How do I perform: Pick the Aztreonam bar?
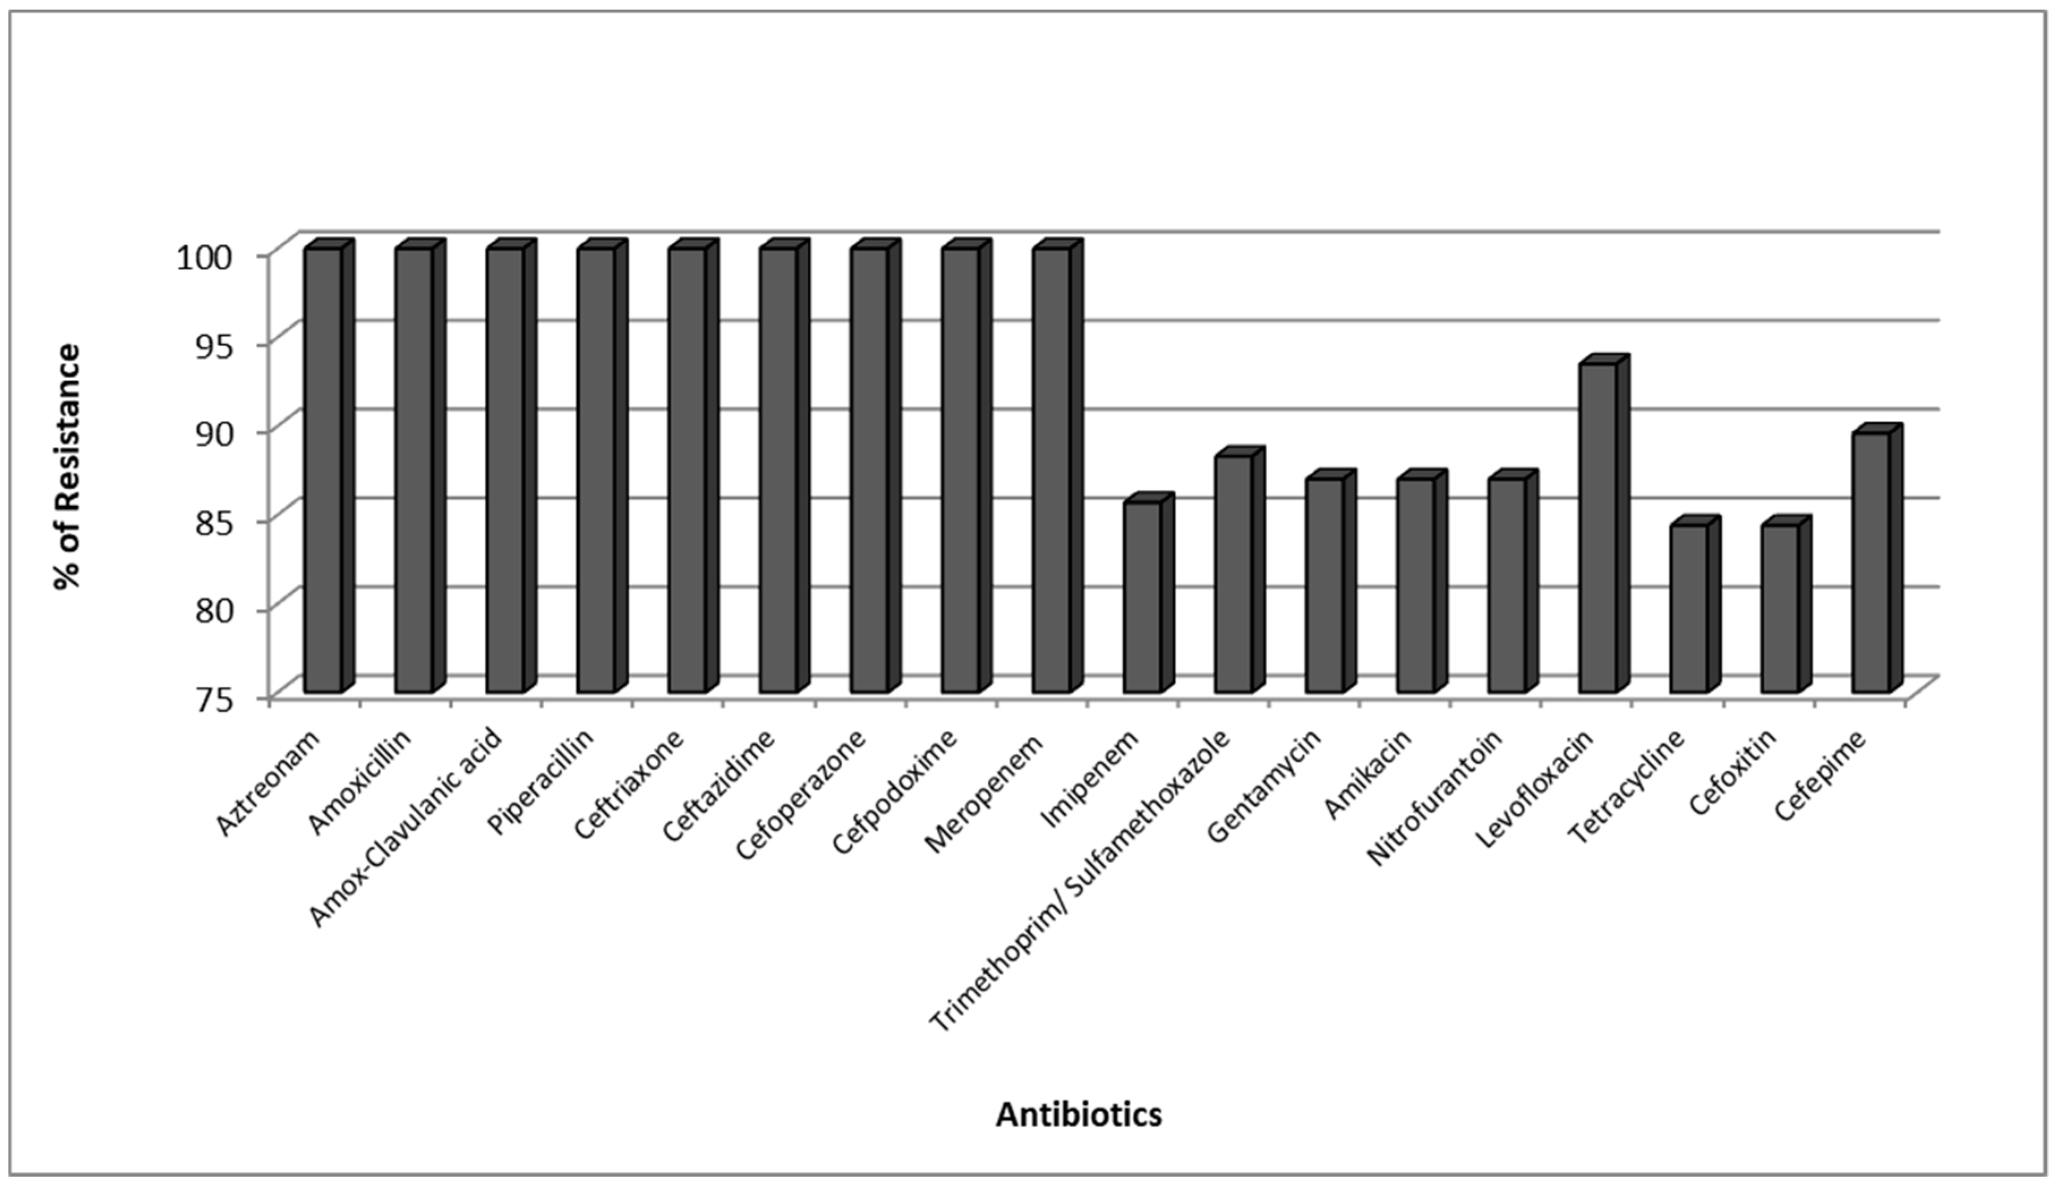(323, 471)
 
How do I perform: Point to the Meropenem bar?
(1051, 471)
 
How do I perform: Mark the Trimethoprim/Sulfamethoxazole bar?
(1232, 575)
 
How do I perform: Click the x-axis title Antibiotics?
(1078, 1113)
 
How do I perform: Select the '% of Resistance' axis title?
(67, 466)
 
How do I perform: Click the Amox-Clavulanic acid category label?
(408, 831)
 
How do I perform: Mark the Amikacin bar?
(1415, 586)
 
